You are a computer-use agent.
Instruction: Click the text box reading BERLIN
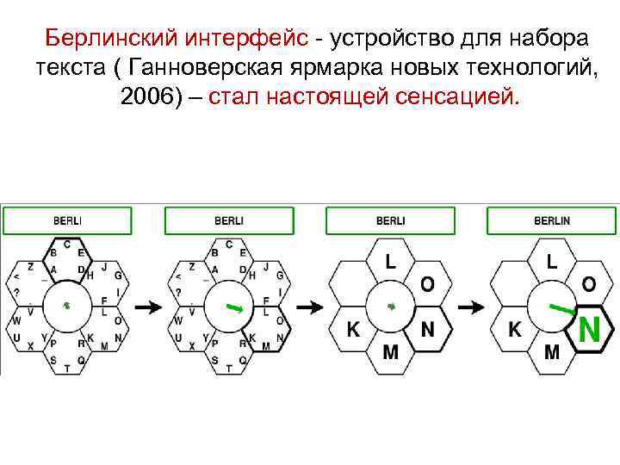[x=552, y=220]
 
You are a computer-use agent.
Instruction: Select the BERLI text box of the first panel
[x=67, y=220]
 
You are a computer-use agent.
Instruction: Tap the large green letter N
[x=589, y=330]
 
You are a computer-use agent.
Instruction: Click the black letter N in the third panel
[x=427, y=329]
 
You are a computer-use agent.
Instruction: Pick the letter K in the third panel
[x=353, y=329]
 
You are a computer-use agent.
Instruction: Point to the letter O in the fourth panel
[x=589, y=283]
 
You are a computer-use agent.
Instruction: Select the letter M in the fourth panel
[x=552, y=352]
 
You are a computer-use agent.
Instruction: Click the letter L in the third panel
[x=390, y=260]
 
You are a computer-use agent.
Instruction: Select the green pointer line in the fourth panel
[x=562, y=307]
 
